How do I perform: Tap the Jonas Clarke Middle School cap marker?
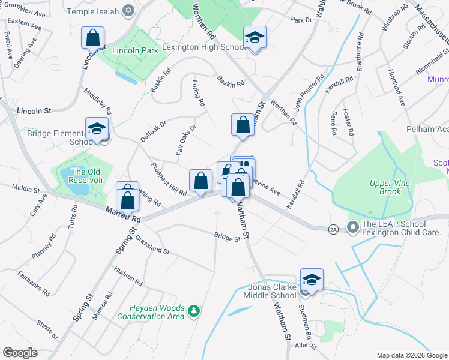[x=312, y=280]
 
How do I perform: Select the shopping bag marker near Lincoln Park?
[x=93, y=38]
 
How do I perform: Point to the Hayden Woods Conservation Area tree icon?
[x=193, y=310]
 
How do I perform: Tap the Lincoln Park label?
[x=131, y=51]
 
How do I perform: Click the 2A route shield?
[x=333, y=229]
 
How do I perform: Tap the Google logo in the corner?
[x=20, y=352]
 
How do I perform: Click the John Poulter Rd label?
[x=309, y=92]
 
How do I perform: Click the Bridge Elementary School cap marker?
[x=97, y=129]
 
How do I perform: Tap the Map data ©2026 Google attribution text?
[x=411, y=355]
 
